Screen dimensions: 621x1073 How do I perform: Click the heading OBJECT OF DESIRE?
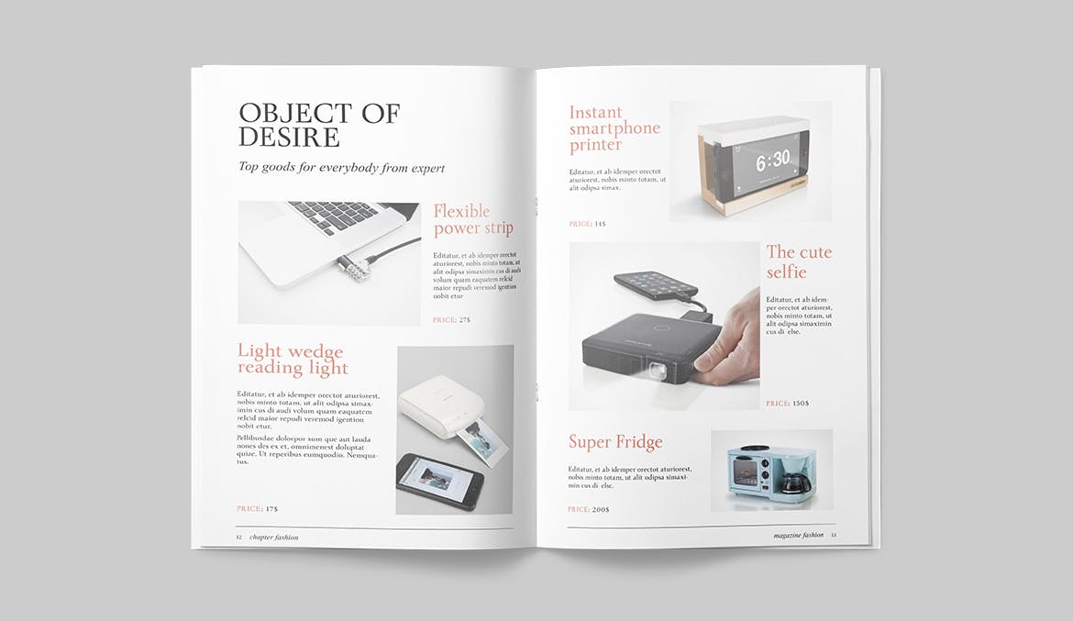point(318,126)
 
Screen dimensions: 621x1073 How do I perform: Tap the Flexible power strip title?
point(472,220)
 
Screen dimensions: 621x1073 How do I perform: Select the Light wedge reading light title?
point(293,360)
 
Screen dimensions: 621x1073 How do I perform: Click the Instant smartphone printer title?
point(614,128)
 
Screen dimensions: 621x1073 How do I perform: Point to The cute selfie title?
point(799,262)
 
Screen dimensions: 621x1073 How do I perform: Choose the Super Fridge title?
point(614,442)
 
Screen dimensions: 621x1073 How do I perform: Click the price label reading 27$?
point(451,320)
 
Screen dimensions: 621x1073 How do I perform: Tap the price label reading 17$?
point(257,508)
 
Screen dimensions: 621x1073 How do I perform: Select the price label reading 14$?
point(587,224)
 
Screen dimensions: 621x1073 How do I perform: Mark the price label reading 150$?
point(787,404)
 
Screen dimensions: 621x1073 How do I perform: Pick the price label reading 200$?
point(588,509)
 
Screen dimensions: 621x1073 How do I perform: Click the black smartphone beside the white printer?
point(437,482)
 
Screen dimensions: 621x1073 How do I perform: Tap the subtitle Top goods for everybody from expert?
point(341,168)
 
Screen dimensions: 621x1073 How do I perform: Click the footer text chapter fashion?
point(273,538)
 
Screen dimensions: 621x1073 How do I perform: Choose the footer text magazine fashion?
point(798,535)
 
